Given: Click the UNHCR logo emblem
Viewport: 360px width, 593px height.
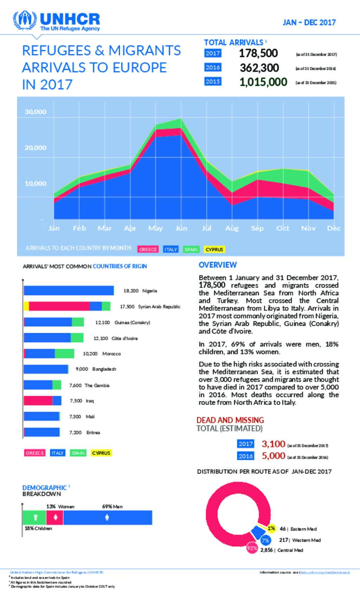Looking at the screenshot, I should click(x=25, y=20).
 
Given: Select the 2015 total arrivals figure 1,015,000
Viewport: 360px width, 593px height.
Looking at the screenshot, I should click(x=263, y=82).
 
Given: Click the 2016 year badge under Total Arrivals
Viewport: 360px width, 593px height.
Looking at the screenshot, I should click(x=213, y=67).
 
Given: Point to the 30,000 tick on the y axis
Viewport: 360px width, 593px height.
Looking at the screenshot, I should click(x=36, y=112).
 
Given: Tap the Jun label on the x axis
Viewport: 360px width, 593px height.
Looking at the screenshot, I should click(x=181, y=228).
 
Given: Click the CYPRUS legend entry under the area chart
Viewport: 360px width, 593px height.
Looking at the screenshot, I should click(x=214, y=249).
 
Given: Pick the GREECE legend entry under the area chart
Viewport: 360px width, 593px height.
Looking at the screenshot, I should click(x=148, y=249).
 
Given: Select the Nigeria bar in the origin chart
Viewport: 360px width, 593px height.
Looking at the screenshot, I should click(x=69, y=291).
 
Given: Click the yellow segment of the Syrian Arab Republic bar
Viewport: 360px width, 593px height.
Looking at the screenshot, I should click(x=26, y=306).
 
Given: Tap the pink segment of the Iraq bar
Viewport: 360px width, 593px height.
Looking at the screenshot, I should click(x=38, y=401).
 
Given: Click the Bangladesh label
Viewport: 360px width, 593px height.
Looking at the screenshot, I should click(x=104, y=369).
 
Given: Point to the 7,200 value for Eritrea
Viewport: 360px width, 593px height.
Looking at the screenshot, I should click(x=75, y=432).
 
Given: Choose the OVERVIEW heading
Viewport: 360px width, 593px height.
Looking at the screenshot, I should click(x=218, y=265).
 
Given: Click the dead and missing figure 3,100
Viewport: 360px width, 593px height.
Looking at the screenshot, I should click(x=273, y=444).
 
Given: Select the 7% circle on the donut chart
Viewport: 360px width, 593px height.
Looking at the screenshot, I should click(x=265, y=540).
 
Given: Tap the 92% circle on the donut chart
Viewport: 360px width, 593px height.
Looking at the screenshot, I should click(x=252, y=548).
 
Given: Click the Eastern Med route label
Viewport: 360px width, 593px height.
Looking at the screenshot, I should click(x=303, y=529).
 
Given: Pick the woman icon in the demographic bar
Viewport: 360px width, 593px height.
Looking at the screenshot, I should click(x=55, y=517).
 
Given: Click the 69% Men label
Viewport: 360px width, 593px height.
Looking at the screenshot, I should click(x=112, y=507).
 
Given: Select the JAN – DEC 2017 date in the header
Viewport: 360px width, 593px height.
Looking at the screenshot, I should click(x=309, y=22).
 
